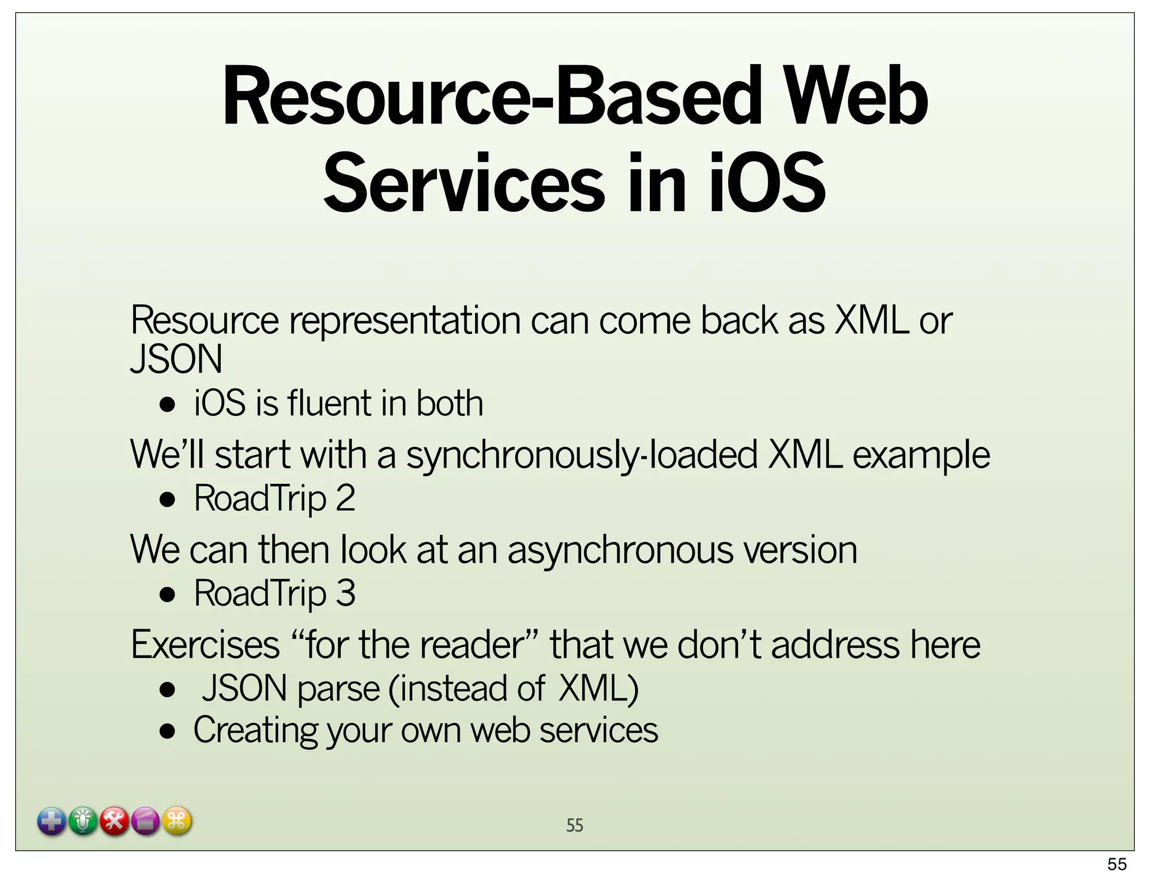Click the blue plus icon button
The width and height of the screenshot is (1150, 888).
point(52,822)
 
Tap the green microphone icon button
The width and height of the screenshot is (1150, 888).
point(83,822)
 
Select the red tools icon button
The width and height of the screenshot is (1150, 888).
point(115,822)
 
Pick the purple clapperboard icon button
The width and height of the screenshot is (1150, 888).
point(146,822)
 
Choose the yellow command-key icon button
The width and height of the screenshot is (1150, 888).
point(177,822)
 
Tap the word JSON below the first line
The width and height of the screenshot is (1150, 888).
point(176,359)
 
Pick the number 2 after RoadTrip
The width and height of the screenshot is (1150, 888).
point(345,498)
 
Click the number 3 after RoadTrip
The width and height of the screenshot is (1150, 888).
point(345,593)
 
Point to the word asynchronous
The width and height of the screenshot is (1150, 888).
point(620,550)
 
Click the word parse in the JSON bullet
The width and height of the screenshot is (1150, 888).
point(339,689)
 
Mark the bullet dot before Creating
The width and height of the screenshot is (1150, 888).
point(167,731)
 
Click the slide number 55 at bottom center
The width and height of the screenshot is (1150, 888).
point(574,825)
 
